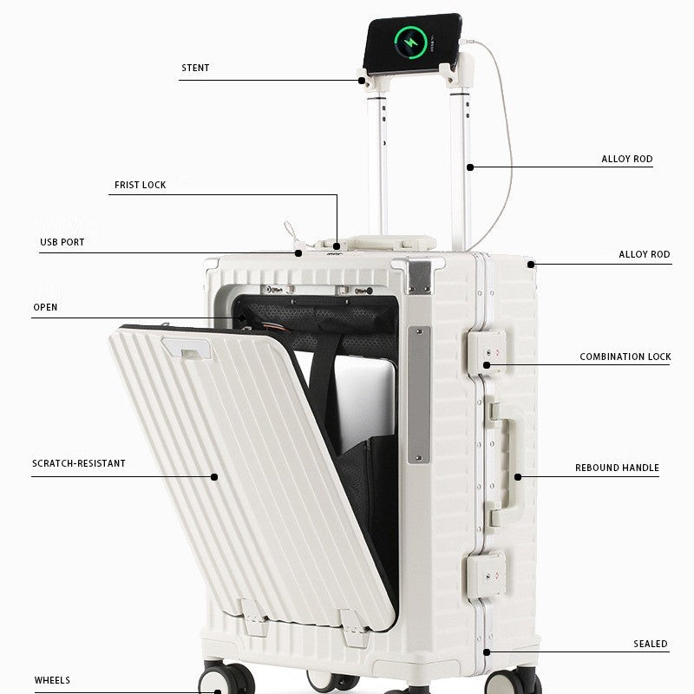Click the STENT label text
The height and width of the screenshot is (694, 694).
[195, 68]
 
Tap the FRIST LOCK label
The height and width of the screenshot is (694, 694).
[140, 185]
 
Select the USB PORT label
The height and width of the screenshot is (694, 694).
[62, 242]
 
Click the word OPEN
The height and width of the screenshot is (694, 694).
[45, 307]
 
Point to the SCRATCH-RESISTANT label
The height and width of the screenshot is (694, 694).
[79, 463]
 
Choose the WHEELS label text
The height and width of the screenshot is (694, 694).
[52, 680]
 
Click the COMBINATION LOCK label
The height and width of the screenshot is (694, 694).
[625, 357]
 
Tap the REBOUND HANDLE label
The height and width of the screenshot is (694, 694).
[617, 468]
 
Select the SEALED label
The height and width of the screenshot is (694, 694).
[650, 644]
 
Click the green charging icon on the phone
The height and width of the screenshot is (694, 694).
[410, 43]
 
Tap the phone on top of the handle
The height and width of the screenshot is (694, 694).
[412, 43]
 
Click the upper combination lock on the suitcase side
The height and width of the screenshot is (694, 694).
[487, 353]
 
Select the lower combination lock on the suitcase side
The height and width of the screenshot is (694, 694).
[486, 575]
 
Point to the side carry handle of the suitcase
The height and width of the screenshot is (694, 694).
[505, 465]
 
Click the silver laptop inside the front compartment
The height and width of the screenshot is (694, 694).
[363, 403]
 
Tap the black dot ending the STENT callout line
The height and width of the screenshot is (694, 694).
[362, 81]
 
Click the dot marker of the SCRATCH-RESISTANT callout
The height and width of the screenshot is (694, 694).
[214, 476]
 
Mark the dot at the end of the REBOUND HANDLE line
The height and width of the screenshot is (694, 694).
[518, 476]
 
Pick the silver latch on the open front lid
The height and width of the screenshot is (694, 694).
[187, 348]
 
